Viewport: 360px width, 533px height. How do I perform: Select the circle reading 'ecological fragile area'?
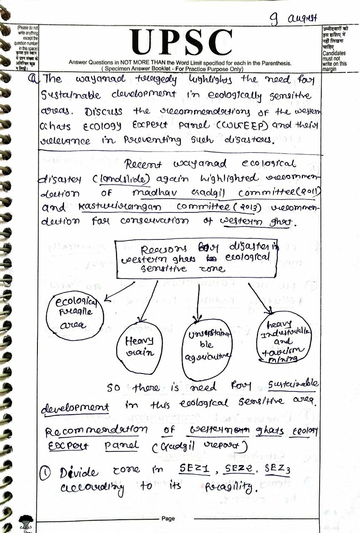point(75,317)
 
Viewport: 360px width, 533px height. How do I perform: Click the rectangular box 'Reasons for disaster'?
point(196,258)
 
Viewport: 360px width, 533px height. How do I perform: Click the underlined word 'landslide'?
point(131,178)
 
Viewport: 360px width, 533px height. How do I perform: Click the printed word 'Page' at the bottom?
point(169,518)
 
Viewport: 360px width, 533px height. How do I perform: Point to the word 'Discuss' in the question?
point(104,111)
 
